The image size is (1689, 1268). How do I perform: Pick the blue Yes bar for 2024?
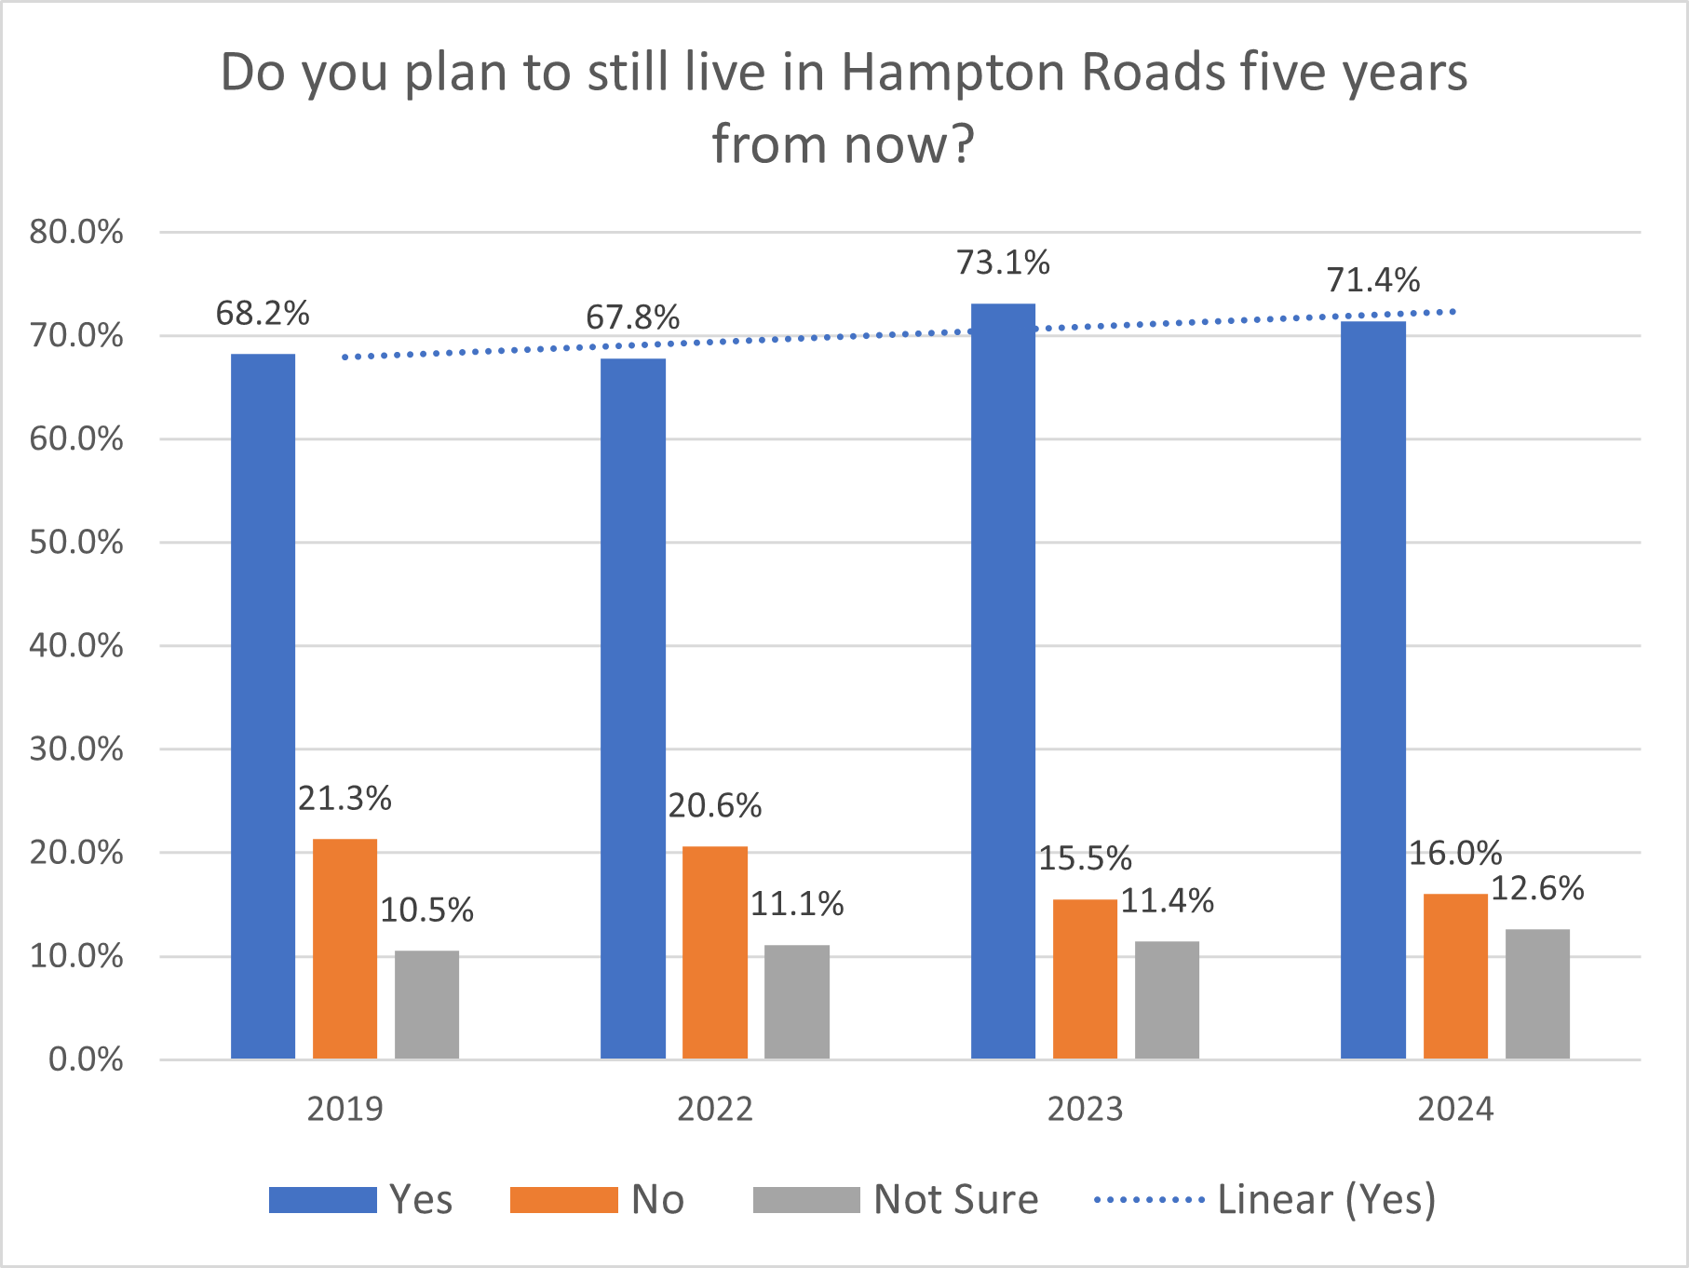(x=1372, y=689)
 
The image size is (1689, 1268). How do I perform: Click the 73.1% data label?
(x=1003, y=263)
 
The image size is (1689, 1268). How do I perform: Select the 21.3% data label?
(x=345, y=799)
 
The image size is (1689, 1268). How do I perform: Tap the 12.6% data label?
(x=1537, y=889)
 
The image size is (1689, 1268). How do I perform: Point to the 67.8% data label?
(x=632, y=317)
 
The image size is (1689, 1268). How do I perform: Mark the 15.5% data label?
(x=1085, y=858)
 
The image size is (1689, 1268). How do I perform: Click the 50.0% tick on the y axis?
(x=76, y=543)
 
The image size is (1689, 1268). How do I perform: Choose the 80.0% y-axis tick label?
(x=76, y=232)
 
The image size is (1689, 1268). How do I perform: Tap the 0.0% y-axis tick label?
(x=86, y=1059)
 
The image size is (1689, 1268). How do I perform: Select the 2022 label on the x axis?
(x=714, y=1110)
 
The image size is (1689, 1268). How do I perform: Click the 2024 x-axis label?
(x=1454, y=1110)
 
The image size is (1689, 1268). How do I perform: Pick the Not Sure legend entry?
(x=955, y=1200)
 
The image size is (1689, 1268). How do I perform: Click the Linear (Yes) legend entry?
(x=1326, y=1200)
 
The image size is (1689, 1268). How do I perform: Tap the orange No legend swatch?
(x=563, y=1200)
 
